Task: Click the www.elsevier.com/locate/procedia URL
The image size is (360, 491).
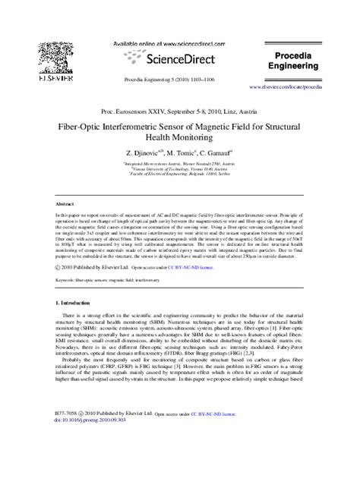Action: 294,87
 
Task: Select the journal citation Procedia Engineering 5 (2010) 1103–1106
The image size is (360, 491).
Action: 179,80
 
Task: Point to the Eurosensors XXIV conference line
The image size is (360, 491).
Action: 179,111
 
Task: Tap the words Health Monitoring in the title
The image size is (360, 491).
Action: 179,139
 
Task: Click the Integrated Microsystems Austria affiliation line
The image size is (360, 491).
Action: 180,164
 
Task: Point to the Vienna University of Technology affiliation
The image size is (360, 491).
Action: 180,170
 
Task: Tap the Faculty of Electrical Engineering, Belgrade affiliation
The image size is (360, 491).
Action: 180,176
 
